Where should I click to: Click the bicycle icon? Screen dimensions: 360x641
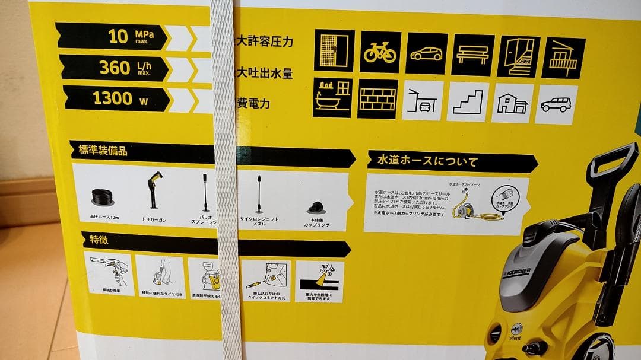click(x=380, y=52)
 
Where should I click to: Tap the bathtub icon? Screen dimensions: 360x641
click(x=332, y=98)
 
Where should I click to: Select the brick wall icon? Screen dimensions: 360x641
click(x=377, y=98)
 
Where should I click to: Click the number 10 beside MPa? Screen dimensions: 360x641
click(x=118, y=37)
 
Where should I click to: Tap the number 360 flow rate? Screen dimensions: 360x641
click(x=115, y=68)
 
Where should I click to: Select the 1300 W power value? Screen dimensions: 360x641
click(x=113, y=98)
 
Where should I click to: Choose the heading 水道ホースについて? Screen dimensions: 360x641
click(x=427, y=161)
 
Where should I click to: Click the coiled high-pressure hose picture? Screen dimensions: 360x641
click(x=104, y=196)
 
